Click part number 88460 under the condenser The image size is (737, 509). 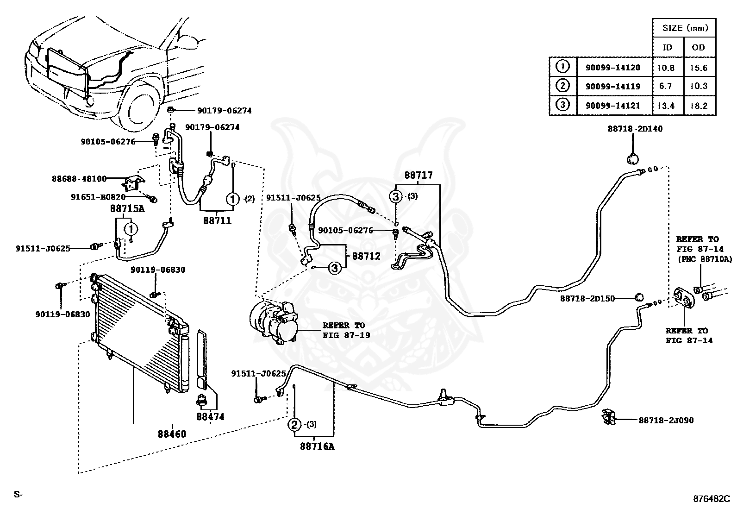coord(172,434)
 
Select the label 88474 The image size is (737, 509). coord(210,417)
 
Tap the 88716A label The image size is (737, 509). coord(317,446)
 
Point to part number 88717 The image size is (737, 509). coord(418,175)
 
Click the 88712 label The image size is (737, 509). coord(366,256)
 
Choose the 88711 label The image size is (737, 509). coord(217,220)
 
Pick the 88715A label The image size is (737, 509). coord(127,208)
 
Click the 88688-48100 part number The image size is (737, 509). coord(79,179)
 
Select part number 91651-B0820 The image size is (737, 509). coord(98,197)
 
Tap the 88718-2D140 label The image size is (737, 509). coord(635,129)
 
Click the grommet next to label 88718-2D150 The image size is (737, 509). coord(638,297)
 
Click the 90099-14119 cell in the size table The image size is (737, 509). coord(613,87)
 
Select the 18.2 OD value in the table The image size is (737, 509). coord(698,106)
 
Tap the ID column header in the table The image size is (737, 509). coord(667,48)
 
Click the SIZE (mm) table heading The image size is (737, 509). coord(685,28)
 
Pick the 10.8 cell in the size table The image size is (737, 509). coord(666,68)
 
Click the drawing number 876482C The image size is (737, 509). coord(712,499)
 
